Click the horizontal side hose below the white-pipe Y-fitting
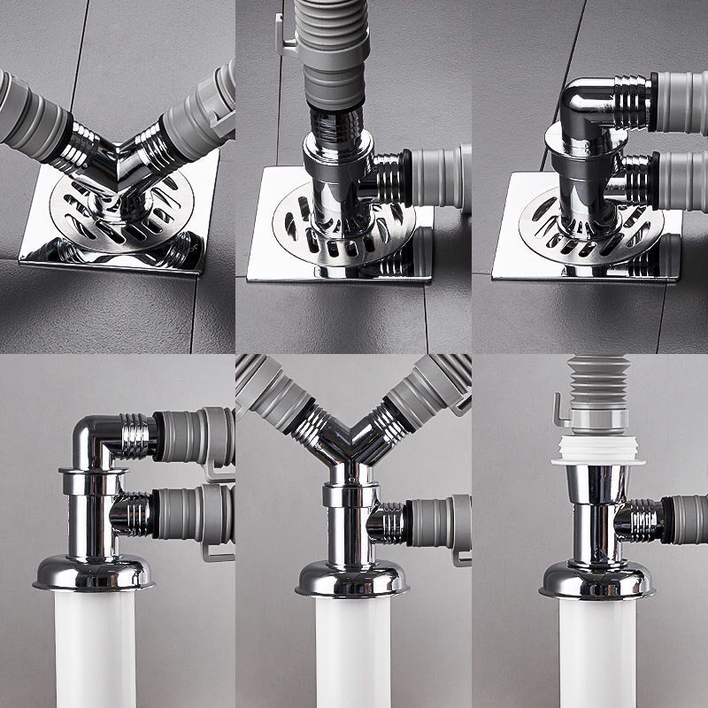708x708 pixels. point(434,522)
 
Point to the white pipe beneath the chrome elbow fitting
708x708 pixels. point(94,646)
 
